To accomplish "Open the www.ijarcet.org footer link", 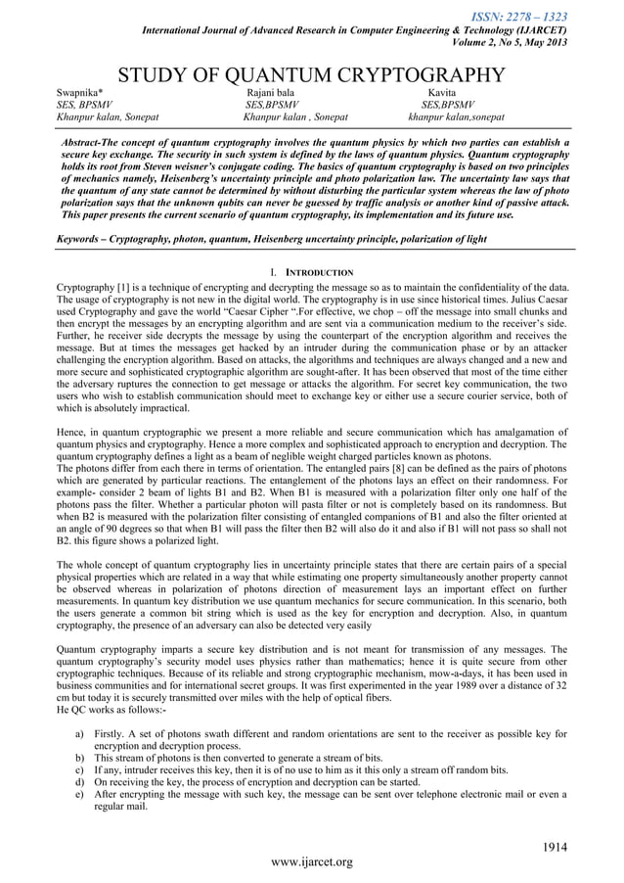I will (x=312, y=862).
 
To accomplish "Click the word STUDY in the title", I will (x=156, y=75).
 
